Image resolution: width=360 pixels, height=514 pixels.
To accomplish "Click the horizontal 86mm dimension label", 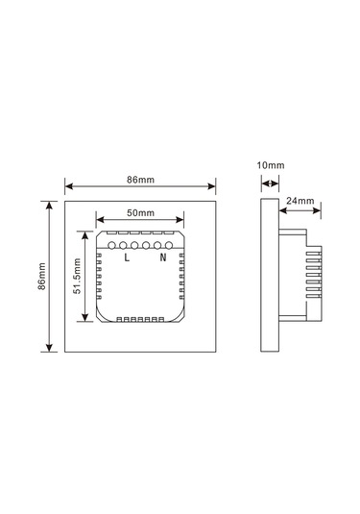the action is coord(140,180).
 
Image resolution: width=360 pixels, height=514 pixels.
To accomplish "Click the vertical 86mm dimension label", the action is coord(41,276).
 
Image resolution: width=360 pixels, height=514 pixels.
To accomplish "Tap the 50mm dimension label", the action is coord(140,212).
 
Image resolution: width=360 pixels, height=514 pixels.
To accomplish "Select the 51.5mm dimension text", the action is coord(77,276).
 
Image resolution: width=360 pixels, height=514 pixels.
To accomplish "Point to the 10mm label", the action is coord(271,165).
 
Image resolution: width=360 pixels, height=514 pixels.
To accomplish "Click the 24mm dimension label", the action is coord(300,201).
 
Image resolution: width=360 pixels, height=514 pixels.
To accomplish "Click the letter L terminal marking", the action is coord(127,257).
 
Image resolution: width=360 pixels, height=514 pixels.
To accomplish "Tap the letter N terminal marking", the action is coord(163,257).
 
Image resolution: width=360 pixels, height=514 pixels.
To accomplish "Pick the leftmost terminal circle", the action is coord(111,245).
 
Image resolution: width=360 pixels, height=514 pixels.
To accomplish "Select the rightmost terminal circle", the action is coord(169,245).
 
